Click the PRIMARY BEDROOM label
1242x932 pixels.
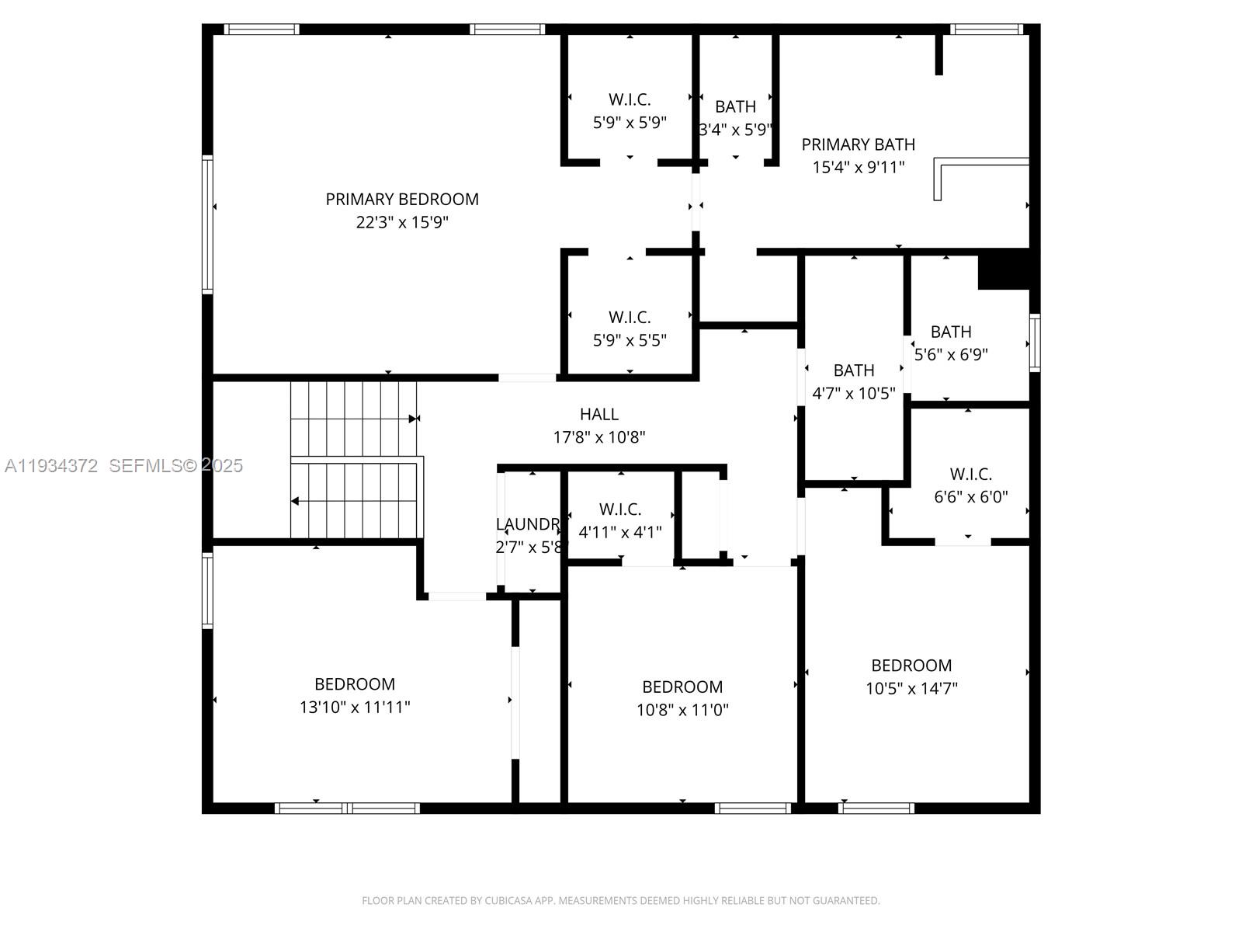402,199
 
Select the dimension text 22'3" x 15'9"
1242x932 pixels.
402,223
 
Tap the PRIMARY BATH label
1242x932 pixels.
858,144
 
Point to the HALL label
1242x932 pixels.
599,415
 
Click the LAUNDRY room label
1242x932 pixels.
529,524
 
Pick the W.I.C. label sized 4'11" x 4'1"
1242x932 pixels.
620,509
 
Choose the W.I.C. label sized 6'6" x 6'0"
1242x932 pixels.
970,474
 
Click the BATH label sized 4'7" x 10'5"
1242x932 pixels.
854,370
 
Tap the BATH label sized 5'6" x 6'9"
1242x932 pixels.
951,332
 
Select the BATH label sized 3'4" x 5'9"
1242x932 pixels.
735,106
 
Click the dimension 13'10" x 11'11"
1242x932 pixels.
355,708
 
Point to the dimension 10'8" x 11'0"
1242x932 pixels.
682,710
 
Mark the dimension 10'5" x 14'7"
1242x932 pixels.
911,688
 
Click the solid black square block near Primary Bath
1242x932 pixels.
1004,270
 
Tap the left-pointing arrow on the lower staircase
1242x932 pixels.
296,501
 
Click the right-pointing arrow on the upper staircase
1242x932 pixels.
414,419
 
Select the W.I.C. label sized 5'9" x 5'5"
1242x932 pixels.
630,317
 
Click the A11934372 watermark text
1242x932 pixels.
51,466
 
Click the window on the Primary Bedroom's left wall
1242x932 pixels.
207,224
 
